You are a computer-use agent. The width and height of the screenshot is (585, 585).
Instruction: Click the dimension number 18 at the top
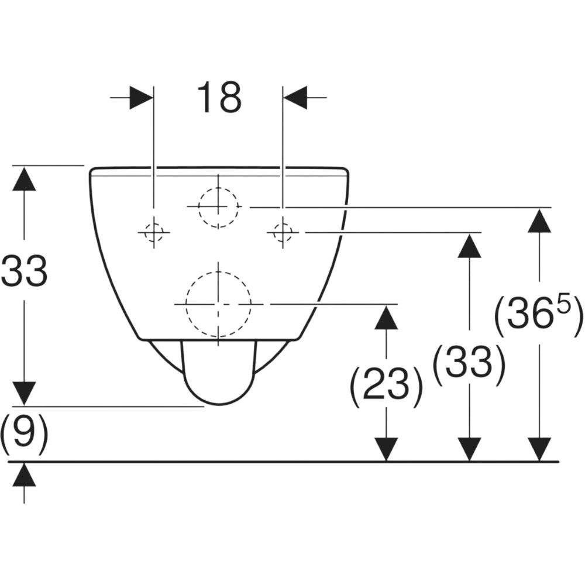pyautogui.click(x=219, y=97)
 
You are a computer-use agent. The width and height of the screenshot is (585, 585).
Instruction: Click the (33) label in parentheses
pyautogui.click(x=469, y=365)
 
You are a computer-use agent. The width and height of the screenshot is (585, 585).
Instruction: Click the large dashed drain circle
pyautogui.click(x=219, y=304)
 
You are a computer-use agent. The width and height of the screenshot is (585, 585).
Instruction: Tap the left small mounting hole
pyautogui.click(x=154, y=232)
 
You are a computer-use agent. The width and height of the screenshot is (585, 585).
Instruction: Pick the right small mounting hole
pyautogui.click(x=283, y=232)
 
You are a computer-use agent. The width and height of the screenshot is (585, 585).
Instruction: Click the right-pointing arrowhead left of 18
pyautogui.click(x=142, y=98)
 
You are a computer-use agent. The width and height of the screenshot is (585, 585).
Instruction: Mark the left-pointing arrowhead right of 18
pyautogui.click(x=295, y=98)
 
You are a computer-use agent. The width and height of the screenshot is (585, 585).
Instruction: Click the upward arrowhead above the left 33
pyautogui.click(x=24, y=178)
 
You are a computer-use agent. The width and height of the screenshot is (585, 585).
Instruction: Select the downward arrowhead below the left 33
pyautogui.click(x=24, y=394)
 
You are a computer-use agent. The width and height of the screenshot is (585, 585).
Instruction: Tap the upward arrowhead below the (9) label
pyautogui.click(x=24, y=474)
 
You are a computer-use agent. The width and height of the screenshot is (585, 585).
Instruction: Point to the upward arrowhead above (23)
pyautogui.click(x=386, y=316)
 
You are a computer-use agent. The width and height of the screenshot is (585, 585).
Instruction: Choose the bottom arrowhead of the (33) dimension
pyautogui.click(x=469, y=449)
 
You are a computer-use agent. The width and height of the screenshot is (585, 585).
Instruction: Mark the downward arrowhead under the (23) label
pyautogui.click(x=386, y=449)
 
